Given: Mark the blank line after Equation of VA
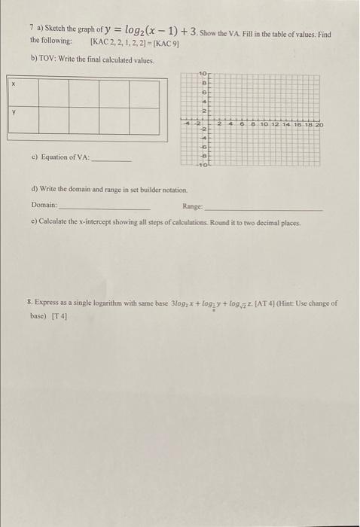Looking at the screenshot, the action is coord(111,160).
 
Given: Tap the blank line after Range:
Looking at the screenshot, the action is coord(263,209).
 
